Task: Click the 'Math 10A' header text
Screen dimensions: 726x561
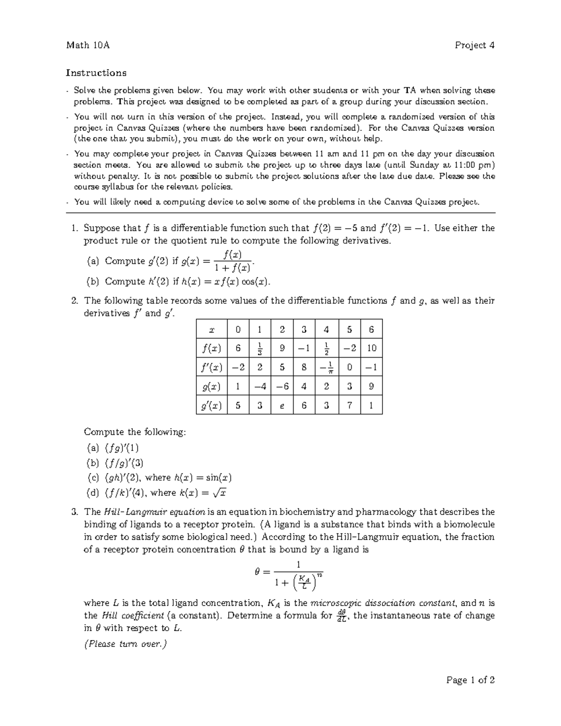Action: click(x=88, y=45)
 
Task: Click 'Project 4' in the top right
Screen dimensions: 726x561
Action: click(x=475, y=45)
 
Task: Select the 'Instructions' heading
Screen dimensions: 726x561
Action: click(x=96, y=73)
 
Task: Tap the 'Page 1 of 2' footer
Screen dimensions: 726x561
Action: click(x=470, y=680)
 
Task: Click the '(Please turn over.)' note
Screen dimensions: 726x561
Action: click(x=125, y=644)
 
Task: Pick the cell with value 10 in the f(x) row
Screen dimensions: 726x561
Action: click(x=371, y=348)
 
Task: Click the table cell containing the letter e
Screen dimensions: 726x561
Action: click(x=281, y=406)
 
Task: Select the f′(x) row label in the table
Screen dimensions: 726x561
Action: click(x=211, y=367)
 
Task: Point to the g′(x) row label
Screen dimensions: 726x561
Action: click(x=211, y=406)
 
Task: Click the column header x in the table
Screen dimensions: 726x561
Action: click(x=211, y=330)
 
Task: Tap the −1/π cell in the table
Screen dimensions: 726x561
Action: click(x=326, y=367)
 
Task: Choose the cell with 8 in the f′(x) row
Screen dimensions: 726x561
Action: click(x=304, y=367)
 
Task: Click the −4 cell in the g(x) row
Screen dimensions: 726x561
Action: click(x=259, y=387)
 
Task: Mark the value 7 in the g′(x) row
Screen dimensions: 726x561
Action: click(x=349, y=406)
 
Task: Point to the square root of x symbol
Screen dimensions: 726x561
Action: click(x=220, y=492)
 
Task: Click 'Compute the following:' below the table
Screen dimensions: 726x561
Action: click(x=135, y=432)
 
